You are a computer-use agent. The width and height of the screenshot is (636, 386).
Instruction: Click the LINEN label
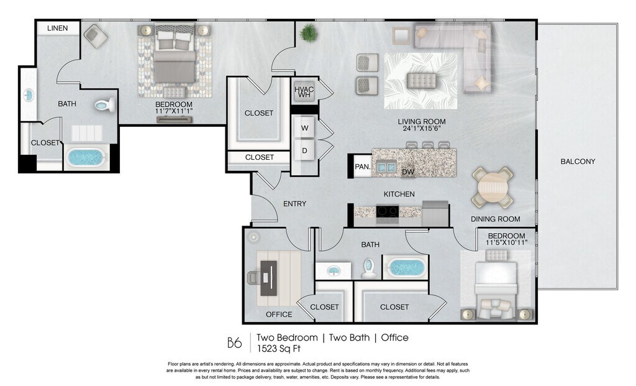58,28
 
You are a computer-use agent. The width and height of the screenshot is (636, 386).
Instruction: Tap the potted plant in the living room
309,32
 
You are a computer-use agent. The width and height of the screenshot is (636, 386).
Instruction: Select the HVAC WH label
304,92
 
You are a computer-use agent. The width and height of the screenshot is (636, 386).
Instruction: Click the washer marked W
304,128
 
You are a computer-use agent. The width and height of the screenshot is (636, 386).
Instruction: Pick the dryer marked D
304,150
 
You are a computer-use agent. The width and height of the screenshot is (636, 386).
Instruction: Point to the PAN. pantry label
363,167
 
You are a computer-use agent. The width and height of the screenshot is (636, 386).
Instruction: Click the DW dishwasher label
408,172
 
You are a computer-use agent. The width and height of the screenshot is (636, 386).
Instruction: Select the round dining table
493,188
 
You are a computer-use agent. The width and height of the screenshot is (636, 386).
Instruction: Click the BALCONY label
578,161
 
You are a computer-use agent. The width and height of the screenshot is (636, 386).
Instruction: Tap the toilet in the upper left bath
105,105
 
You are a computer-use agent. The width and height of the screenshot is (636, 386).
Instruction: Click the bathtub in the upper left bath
86,157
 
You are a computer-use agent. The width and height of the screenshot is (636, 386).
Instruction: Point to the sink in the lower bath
334,270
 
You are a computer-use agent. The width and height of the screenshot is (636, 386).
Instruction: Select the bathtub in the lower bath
406,267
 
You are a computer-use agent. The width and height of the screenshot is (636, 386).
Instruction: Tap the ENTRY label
294,204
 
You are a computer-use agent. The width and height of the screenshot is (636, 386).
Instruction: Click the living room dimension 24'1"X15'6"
422,128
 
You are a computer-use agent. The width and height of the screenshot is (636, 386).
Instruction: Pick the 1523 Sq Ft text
279,348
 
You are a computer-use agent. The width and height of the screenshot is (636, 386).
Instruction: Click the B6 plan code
234,343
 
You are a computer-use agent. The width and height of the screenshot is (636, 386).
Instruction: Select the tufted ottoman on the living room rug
422,80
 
